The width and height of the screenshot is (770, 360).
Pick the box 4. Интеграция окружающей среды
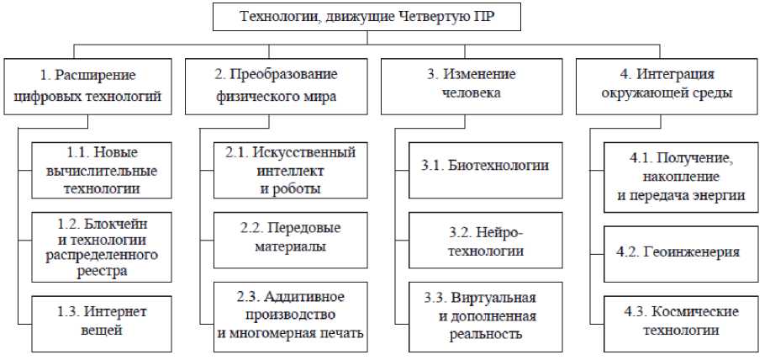pyautogui.click(x=665, y=86)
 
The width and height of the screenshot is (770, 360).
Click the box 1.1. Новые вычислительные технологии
pyautogui.click(x=103, y=171)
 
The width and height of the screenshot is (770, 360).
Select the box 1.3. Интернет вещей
pyautogui.click(x=103, y=320)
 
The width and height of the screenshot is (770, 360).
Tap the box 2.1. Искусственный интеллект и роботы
pyautogui.click(x=290, y=171)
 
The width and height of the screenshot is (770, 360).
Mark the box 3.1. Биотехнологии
pyautogui.click(x=485, y=167)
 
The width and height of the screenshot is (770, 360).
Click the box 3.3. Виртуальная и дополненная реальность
pyautogui.click(x=485, y=315)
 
